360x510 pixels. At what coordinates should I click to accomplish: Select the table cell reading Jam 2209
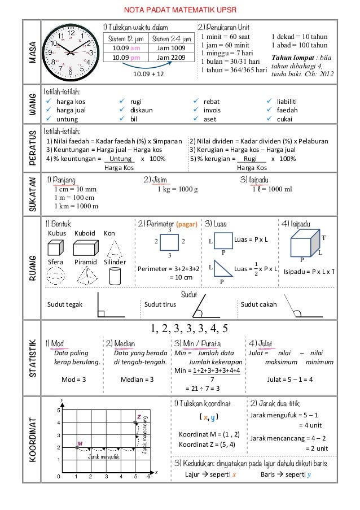coord(170,57)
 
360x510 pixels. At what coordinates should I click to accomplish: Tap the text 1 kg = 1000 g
coord(178,189)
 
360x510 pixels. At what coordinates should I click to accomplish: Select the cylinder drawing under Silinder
coord(114,276)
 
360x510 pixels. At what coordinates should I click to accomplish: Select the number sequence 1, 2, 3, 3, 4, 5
coord(189,328)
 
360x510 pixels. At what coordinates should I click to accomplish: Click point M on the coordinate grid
coord(77,447)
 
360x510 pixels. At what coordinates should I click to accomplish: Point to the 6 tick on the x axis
coord(149,476)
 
